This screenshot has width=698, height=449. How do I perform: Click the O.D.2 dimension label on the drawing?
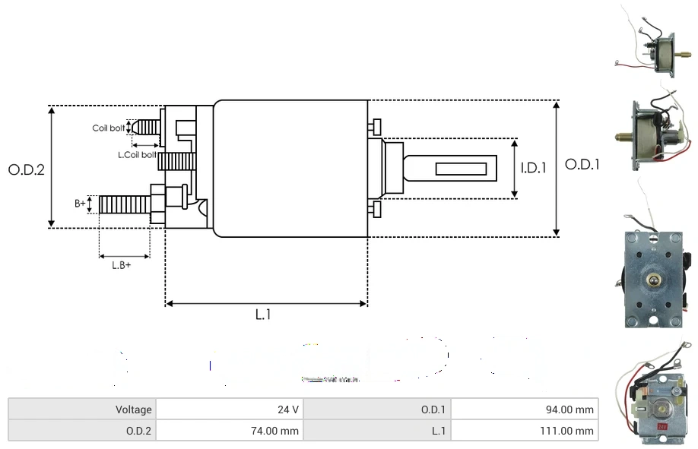(x=27, y=170)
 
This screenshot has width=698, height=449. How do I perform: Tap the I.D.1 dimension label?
(x=533, y=169)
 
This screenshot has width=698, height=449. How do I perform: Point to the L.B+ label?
(x=121, y=265)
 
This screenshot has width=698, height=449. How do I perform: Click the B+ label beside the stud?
(x=80, y=204)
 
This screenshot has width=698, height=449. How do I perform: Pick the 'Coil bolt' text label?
(x=108, y=128)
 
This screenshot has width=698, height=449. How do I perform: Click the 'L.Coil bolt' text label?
(x=137, y=155)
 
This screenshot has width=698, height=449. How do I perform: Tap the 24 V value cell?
(x=229, y=409)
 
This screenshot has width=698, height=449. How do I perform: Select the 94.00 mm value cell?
(x=525, y=409)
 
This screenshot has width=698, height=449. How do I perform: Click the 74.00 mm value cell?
(x=229, y=431)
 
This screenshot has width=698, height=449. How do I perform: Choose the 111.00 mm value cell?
(x=525, y=431)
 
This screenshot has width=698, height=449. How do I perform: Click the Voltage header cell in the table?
(x=82, y=409)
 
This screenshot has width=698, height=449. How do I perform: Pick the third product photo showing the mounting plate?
(x=654, y=277)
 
